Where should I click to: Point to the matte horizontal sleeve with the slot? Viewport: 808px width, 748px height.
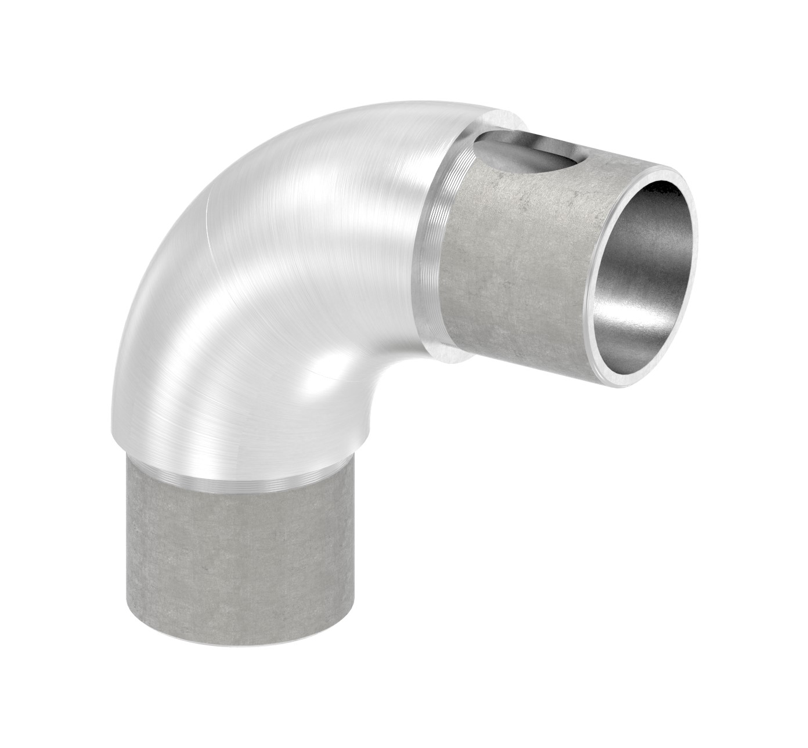pos(511,273)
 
